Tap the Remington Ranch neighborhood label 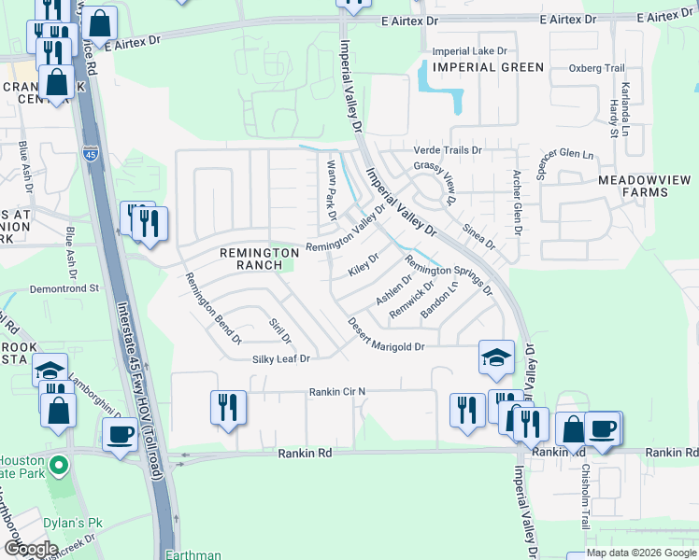[x=250, y=259]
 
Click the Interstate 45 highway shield [x=90, y=155]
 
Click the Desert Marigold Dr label [x=386, y=335]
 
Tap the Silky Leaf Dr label [x=279, y=358]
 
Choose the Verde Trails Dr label [x=448, y=149]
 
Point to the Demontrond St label [x=64, y=289]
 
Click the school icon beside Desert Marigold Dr [x=496, y=357]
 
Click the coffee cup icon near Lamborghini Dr [x=120, y=434]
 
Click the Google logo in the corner [x=30, y=548]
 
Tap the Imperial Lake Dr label [x=469, y=50]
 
